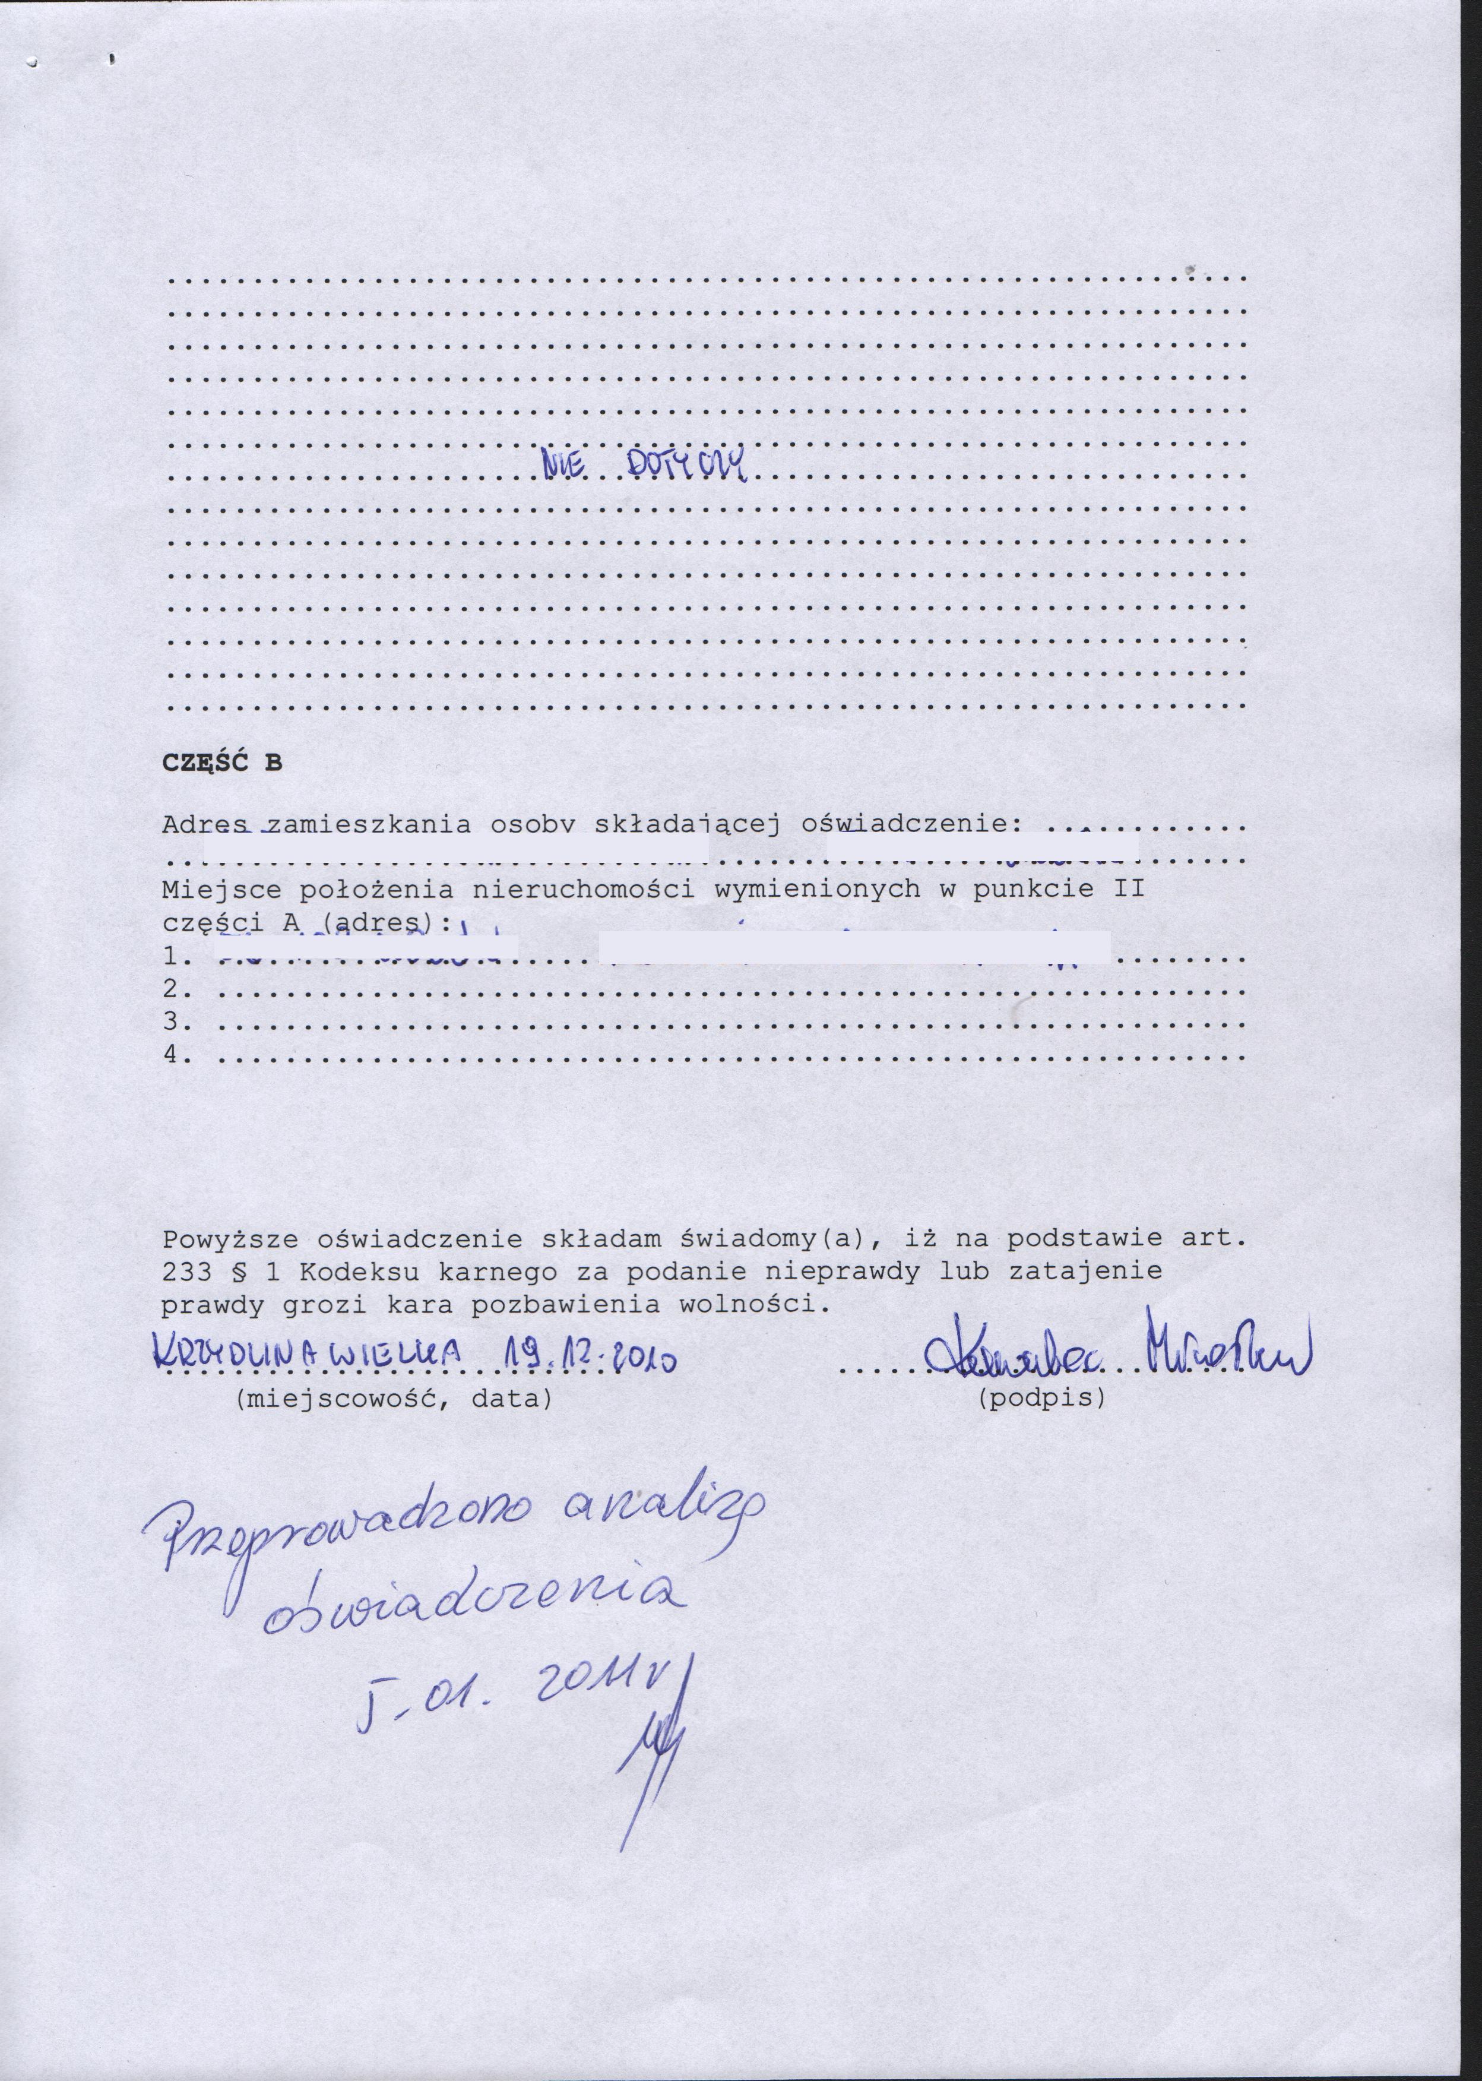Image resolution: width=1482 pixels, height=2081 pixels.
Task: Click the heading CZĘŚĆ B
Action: (x=221, y=764)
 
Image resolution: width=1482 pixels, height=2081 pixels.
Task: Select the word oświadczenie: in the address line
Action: (x=908, y=824)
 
